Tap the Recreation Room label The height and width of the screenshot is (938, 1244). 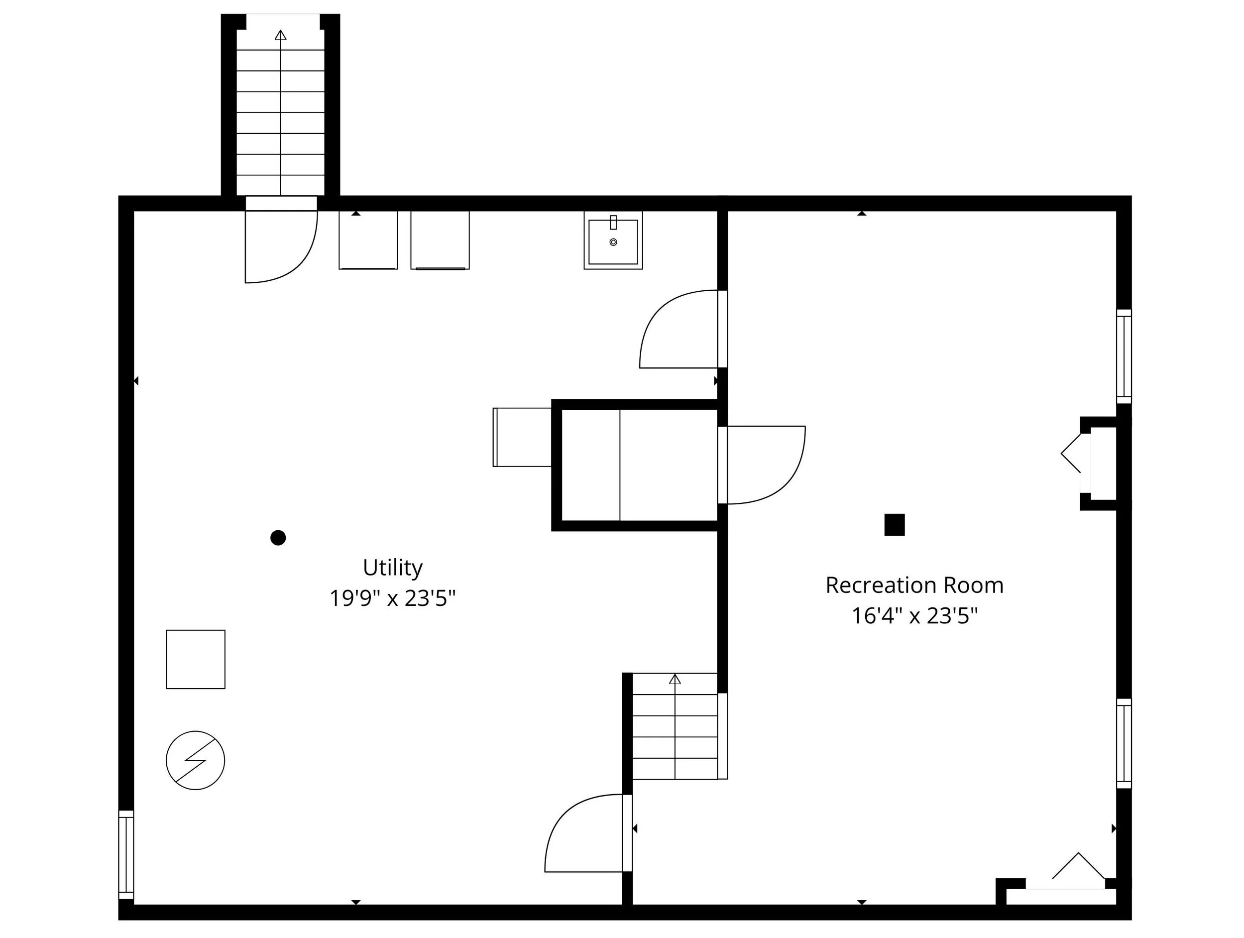914,586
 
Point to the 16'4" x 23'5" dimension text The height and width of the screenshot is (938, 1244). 914,616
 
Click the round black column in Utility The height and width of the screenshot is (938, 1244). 278,538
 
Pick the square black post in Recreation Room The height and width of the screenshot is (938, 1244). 894,524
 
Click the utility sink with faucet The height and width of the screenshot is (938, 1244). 613,240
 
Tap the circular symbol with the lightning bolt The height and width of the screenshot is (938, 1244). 195,760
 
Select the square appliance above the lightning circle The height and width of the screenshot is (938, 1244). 196,659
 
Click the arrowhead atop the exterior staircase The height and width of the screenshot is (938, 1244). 281,35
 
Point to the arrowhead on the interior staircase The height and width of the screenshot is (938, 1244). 675,679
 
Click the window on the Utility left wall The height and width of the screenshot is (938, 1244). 126,855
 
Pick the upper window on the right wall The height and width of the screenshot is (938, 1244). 1123,356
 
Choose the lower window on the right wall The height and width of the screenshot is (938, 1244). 1123,743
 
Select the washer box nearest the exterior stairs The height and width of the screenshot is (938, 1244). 368,240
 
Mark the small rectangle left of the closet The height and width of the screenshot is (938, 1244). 522,437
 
